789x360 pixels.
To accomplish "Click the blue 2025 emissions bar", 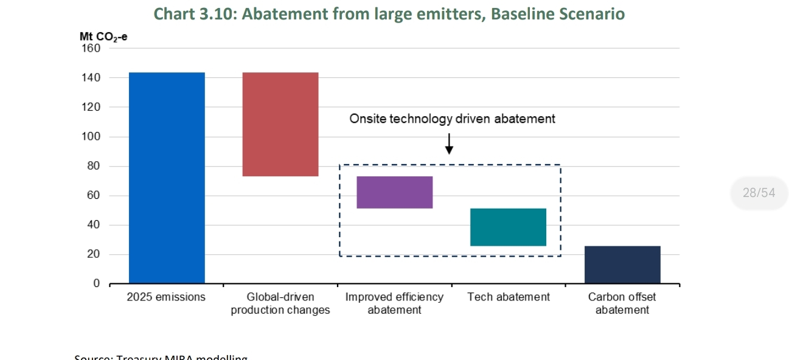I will click(167, 178).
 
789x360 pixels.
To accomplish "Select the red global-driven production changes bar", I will click(280, 124).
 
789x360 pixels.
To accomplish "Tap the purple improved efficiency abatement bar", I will click(394, 192).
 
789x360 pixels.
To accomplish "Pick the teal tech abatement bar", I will click(509, 227).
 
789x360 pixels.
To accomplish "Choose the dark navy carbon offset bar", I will click(622, 265).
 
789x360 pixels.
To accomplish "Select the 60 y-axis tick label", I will click(92, 196).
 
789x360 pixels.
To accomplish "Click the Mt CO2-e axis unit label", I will click(103, 36).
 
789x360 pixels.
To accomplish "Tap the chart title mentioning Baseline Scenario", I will click(389, 13).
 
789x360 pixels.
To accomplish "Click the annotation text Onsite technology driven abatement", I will click(452, 119).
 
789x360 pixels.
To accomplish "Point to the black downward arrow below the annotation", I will click(449, 144).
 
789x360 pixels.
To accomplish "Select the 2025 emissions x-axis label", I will click(166, 297).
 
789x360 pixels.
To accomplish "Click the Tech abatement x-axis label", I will click(509, 297).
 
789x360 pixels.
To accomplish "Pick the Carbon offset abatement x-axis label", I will click(622, 303).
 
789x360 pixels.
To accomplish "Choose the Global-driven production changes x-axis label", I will click(280, 303).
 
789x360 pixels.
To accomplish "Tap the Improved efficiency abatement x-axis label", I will click(394, 303).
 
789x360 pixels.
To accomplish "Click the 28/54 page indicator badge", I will click(759, 193).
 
